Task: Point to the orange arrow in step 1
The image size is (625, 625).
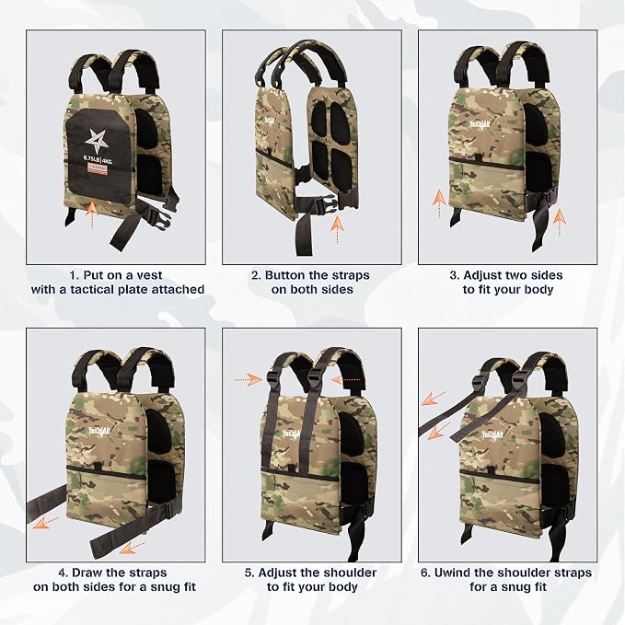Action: point(92,214)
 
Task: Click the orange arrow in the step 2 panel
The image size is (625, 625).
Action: point(337,229)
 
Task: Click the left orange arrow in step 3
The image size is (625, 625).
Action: point(439,203)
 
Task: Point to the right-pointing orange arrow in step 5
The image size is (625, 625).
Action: point(248,379)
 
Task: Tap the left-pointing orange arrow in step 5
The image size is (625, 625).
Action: point(346,380)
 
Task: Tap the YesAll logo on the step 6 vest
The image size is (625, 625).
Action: point(492,434)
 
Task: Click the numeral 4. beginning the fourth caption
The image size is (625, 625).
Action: point(64,573)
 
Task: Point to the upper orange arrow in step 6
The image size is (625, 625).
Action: point(434,398)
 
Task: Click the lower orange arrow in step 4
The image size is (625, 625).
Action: point(133,548)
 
